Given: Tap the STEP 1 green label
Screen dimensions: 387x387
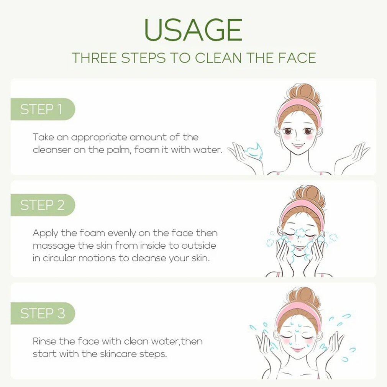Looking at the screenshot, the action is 43,109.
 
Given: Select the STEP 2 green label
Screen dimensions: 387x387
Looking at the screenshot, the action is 43,205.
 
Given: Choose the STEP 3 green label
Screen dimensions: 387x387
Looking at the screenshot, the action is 43,313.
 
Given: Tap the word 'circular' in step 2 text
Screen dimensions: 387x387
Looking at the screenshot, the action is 59,258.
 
